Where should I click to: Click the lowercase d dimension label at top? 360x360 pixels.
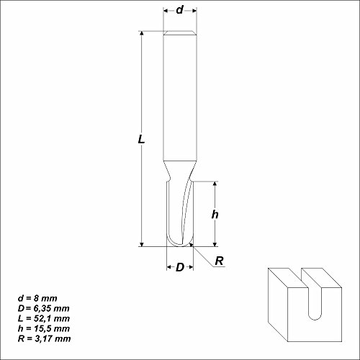coord(179,10)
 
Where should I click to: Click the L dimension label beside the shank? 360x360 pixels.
coord(142,142)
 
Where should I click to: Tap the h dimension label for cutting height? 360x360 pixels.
coord(215,215)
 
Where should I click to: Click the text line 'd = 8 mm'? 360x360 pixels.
coord(37,297)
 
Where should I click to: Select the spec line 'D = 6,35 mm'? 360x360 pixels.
coord(45,307)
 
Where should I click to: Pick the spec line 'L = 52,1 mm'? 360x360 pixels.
coord(45,318)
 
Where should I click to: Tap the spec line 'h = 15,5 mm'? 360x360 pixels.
coord(45,328)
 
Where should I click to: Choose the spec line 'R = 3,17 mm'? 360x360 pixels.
coord(45,338)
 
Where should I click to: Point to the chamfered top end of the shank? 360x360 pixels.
coord(179,34)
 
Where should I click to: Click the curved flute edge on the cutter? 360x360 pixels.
coord(185,209)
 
